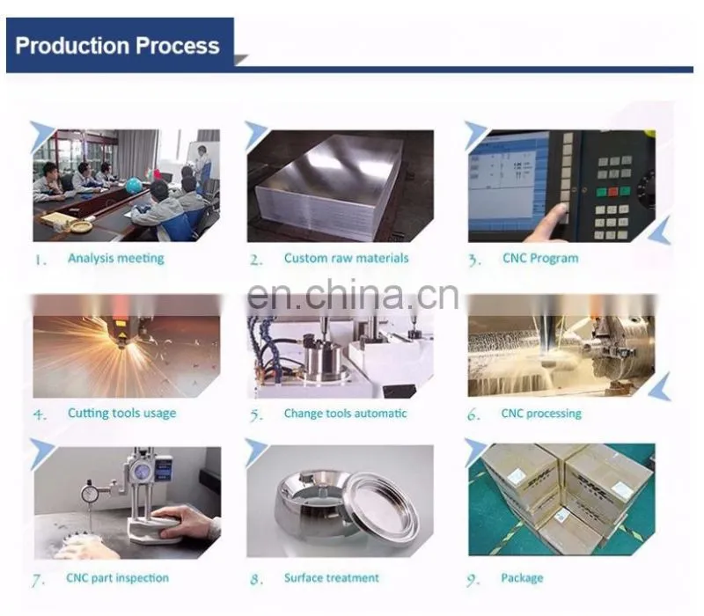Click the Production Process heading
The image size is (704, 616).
(x=118, y=46)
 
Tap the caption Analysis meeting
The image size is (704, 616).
(x=116, y=259)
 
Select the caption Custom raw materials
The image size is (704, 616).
(x=346, y=258)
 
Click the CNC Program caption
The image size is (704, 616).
(x=540, y=258)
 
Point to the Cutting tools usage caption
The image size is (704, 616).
(x=121, y=414)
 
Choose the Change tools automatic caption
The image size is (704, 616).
(x=345, y=413)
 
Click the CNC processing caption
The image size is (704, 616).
(x=541, y=414)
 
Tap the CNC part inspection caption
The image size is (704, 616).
(x=118, y=578)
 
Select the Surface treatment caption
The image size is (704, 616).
(x=332, y=578)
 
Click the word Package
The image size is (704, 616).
(x=522, y=578)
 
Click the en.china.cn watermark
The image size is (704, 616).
(x=353, y=295)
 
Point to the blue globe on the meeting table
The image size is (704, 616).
(x=134, y=186)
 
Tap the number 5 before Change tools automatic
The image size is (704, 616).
(x=255, y=414)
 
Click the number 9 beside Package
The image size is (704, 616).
(x=473, y=580)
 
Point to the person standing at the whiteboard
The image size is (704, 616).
(x=203, y=166)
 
